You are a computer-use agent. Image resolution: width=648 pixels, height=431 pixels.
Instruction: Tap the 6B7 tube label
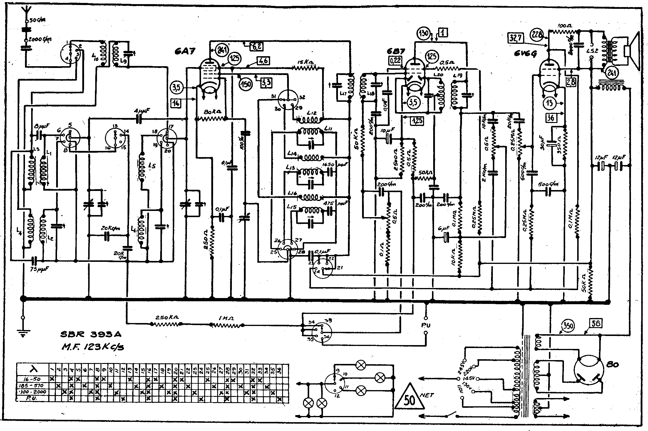[396, 52]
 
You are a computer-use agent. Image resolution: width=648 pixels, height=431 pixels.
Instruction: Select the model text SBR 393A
[90, 335]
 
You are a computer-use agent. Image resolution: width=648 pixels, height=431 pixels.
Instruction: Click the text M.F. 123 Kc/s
[93, 347]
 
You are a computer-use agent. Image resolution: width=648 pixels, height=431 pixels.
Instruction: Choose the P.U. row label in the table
[32, 398]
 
